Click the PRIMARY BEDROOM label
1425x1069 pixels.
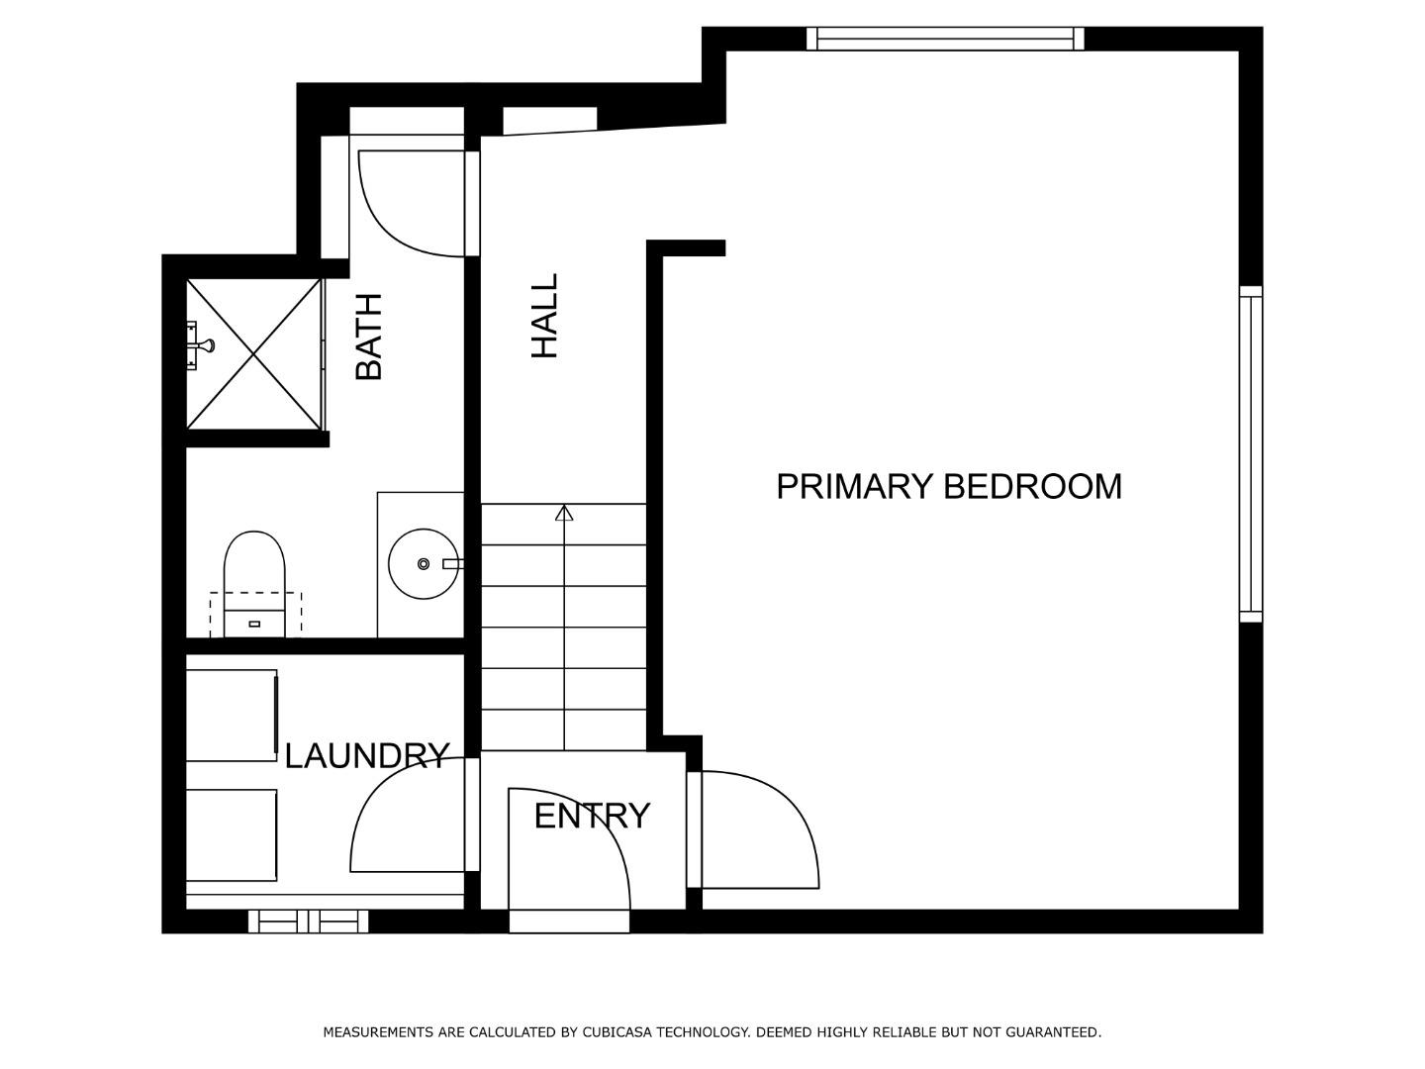click(x=948, y=487)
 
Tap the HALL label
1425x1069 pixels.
click(x=545, y=316)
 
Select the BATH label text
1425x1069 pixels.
click(x=368, y=337)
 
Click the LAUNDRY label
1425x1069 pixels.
click(x=366, y=756)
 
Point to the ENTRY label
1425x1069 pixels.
click(x=592, y=817)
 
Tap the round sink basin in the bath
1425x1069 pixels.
click(x=423, y=564)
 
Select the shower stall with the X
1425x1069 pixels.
click(x=254, y=354)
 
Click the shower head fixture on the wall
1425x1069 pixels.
click(x=201, y=344)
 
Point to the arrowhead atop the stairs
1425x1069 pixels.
click(x=564, y=513)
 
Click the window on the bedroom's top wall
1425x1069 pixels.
click(x=945, y=39)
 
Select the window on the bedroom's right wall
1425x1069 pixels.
click(x=1251, y=454)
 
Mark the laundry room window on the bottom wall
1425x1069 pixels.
click(x=308, y=922)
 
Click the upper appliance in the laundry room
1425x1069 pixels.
click(x=232, y=715)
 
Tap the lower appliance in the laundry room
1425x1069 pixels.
click(x=232, y=834)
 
